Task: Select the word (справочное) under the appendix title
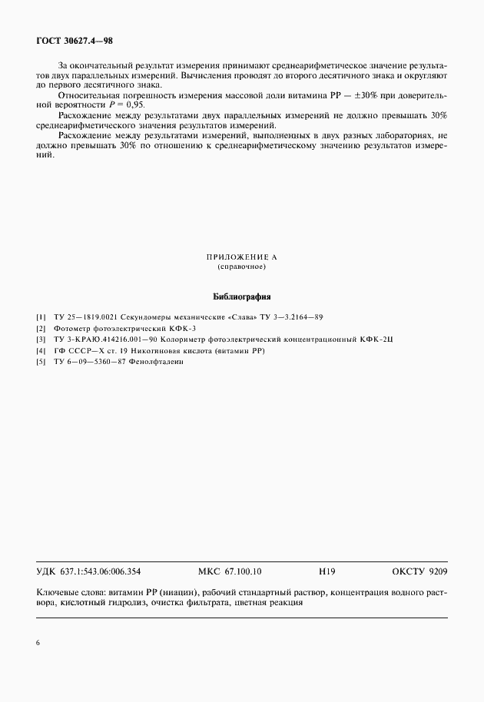[241, 267]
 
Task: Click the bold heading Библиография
[241, 296]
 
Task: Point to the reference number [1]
[41, 316]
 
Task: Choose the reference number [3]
[41, 339]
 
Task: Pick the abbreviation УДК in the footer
[46, 571]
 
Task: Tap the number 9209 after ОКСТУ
[435, 571]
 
